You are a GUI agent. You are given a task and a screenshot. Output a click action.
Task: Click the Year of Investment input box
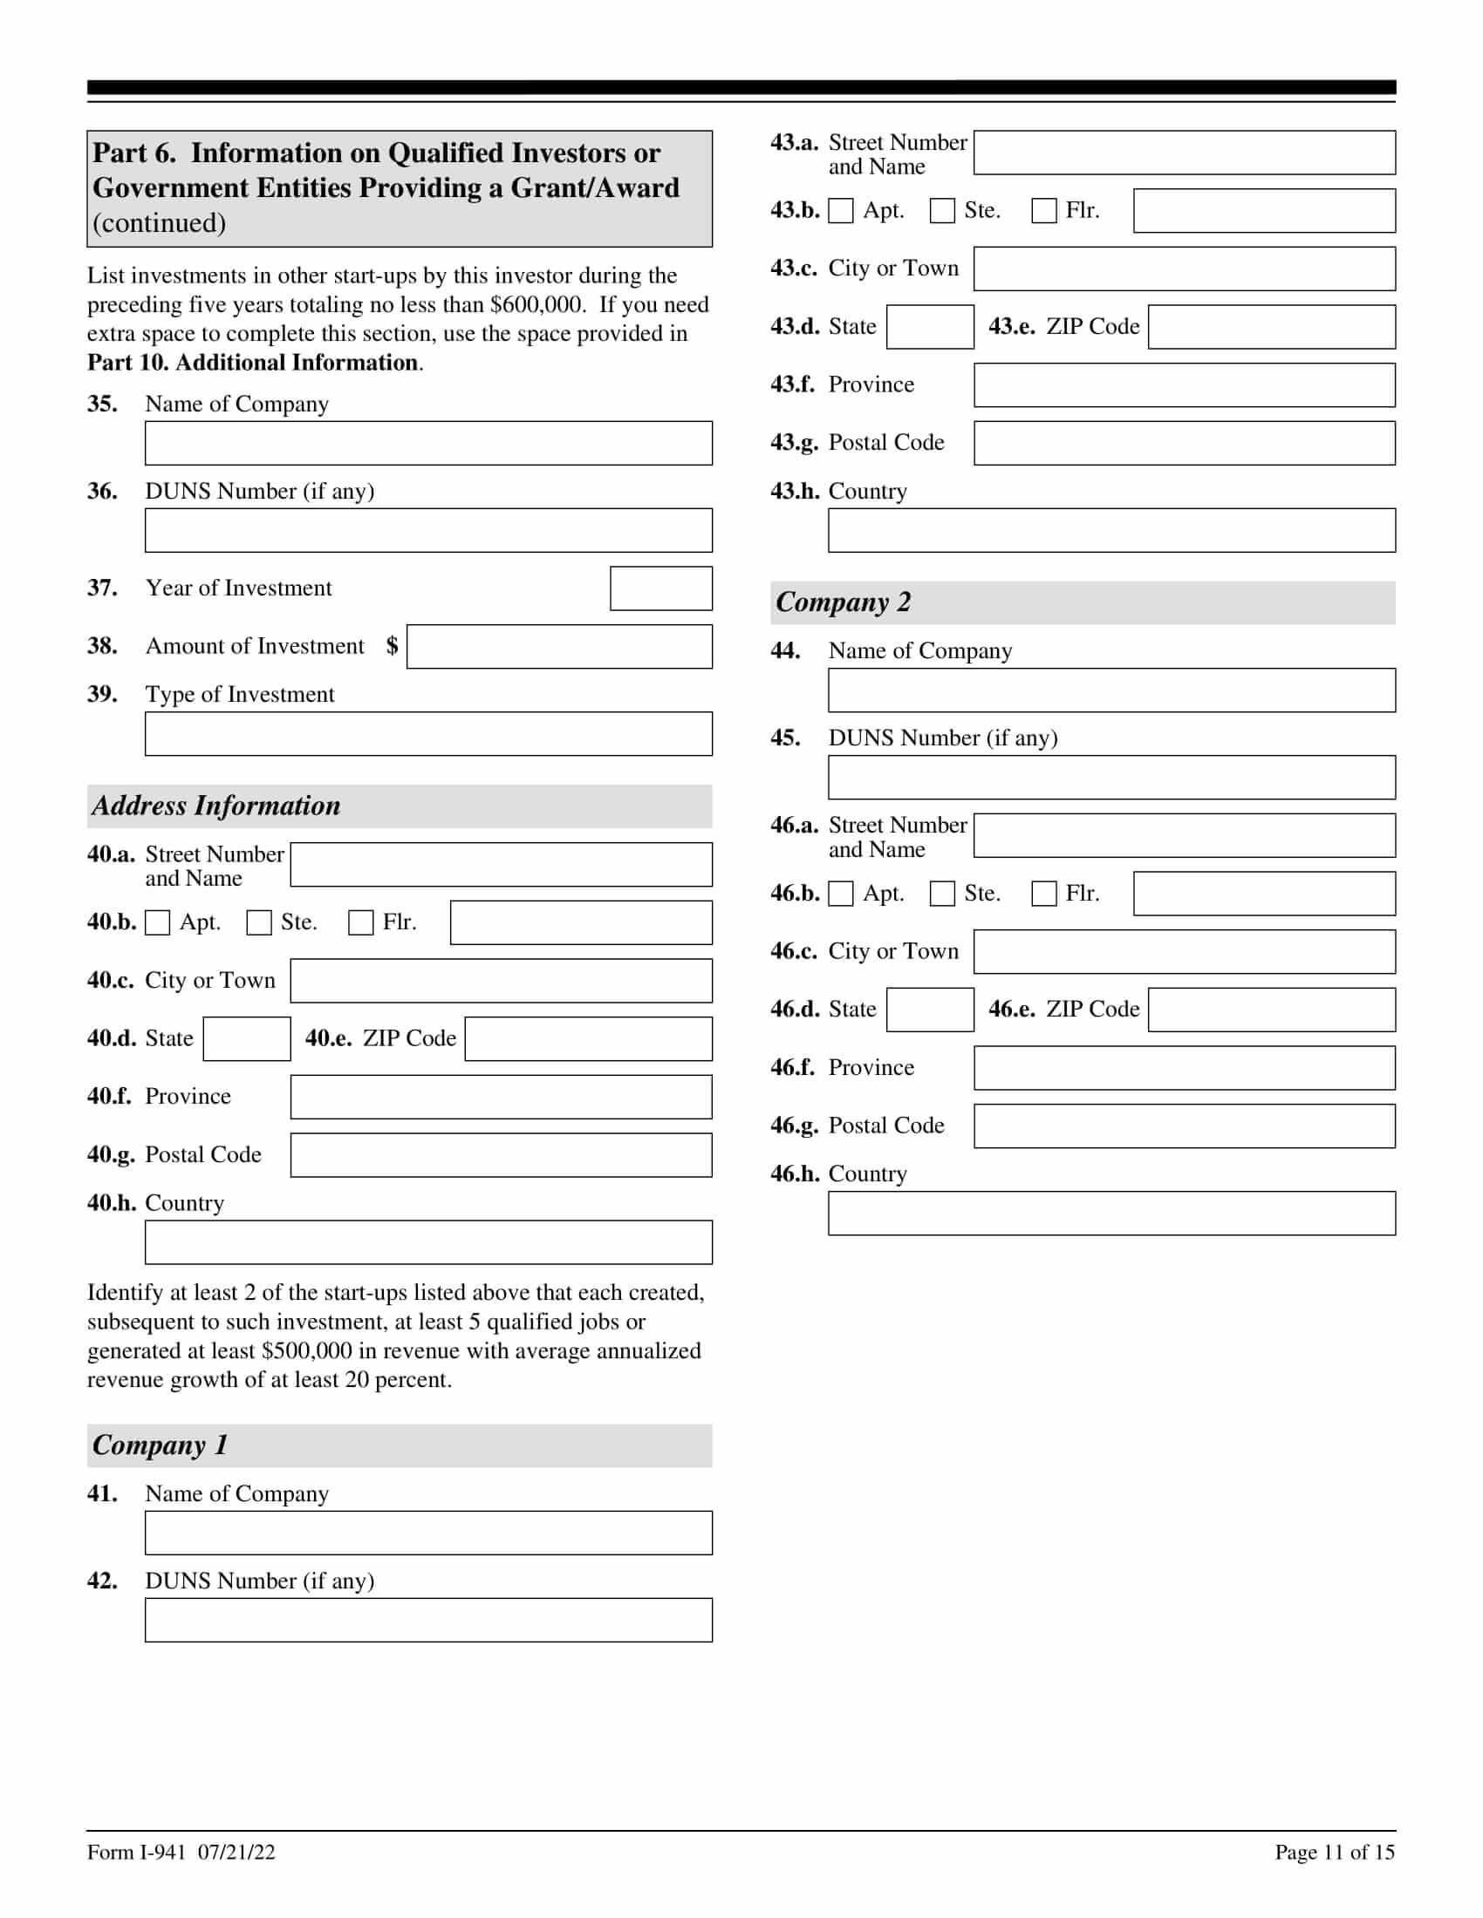(660, 588)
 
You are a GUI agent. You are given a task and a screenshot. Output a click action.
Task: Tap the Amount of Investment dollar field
(559, 646)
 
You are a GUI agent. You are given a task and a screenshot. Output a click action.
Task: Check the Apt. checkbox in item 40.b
(157, 923)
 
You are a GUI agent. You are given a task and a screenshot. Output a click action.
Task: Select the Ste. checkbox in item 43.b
(942, 211)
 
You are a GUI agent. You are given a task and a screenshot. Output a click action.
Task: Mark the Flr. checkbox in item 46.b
(1043, 894)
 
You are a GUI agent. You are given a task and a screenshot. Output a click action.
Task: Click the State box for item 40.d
(246, 1039)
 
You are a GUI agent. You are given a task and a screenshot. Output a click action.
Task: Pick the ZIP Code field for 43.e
(1271, 327)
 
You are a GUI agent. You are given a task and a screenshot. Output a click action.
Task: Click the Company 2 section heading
(844, 602)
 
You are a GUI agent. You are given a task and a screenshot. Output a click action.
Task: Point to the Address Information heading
(216, 806)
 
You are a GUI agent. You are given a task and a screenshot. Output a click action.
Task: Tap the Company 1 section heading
(160, 1445)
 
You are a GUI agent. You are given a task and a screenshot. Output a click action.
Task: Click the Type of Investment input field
(427, 734)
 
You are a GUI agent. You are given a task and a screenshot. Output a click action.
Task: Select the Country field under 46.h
(1111, 1214)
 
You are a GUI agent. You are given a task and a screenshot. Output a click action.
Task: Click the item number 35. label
(102, 404)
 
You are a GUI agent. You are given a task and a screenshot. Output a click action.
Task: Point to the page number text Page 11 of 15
(1334, 1852)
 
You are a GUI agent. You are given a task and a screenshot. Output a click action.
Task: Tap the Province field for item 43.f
(1185, 385)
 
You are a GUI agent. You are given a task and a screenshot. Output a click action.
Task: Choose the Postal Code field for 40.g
(501, 1155)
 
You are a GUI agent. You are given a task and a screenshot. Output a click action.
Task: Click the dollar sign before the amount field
(392, 646)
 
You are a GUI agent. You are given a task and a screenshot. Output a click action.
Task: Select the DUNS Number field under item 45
(1111, 778)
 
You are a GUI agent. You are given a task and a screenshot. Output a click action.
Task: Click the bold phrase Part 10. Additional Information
(253, 363)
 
